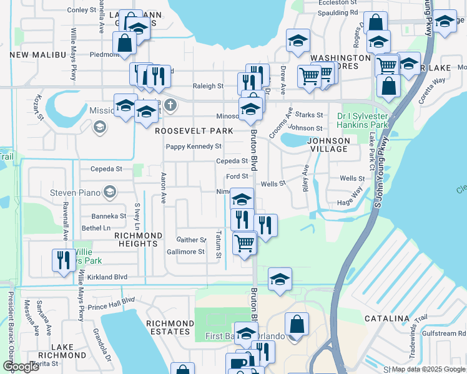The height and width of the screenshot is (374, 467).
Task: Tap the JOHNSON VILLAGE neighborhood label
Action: [328, 145]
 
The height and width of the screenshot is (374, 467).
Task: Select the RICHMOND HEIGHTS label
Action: [138, 240]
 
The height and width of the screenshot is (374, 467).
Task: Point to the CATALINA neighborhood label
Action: [386, 319]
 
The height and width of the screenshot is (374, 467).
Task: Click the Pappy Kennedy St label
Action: [194, 146]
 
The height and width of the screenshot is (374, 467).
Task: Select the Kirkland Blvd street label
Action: [107, 277]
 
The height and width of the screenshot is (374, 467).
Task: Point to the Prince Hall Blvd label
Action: [111, 300]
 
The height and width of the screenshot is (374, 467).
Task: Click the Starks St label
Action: [309, 115]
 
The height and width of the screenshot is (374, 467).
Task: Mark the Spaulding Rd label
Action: [337, 12]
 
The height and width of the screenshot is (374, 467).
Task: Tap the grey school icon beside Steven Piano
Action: [110, 191]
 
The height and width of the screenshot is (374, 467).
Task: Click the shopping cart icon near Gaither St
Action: [244, 242]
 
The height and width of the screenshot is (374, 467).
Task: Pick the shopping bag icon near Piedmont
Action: [124, 43]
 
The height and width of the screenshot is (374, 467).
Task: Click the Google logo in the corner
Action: [21, 367]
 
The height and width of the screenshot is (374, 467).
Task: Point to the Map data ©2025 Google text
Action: [428, 369]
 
